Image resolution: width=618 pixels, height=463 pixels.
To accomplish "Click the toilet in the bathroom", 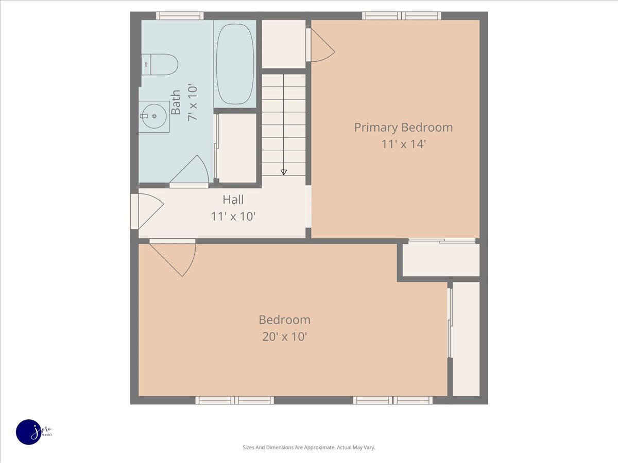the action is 159,64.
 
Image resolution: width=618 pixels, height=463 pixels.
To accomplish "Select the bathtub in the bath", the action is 235,64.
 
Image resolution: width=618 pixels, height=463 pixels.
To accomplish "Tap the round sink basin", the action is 153,116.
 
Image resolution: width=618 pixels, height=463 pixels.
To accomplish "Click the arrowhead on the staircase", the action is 284,172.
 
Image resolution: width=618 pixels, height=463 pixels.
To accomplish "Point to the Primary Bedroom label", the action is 403,128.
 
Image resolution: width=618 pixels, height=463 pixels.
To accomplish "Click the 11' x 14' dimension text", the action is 403,144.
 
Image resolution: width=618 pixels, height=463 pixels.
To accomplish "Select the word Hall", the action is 233,200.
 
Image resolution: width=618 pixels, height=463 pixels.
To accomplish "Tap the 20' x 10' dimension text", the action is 284,336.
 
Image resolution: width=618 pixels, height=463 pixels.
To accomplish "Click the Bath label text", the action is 176,102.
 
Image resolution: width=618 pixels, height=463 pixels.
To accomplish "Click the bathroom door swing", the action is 189,170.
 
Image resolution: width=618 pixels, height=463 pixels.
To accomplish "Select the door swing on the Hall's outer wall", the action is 150,211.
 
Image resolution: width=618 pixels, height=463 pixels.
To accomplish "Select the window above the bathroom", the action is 180,16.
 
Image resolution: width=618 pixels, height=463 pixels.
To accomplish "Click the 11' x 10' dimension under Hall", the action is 233,217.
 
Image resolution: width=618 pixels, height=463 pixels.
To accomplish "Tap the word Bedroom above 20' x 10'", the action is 284,319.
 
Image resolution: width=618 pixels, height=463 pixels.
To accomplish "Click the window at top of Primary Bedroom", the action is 402,16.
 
